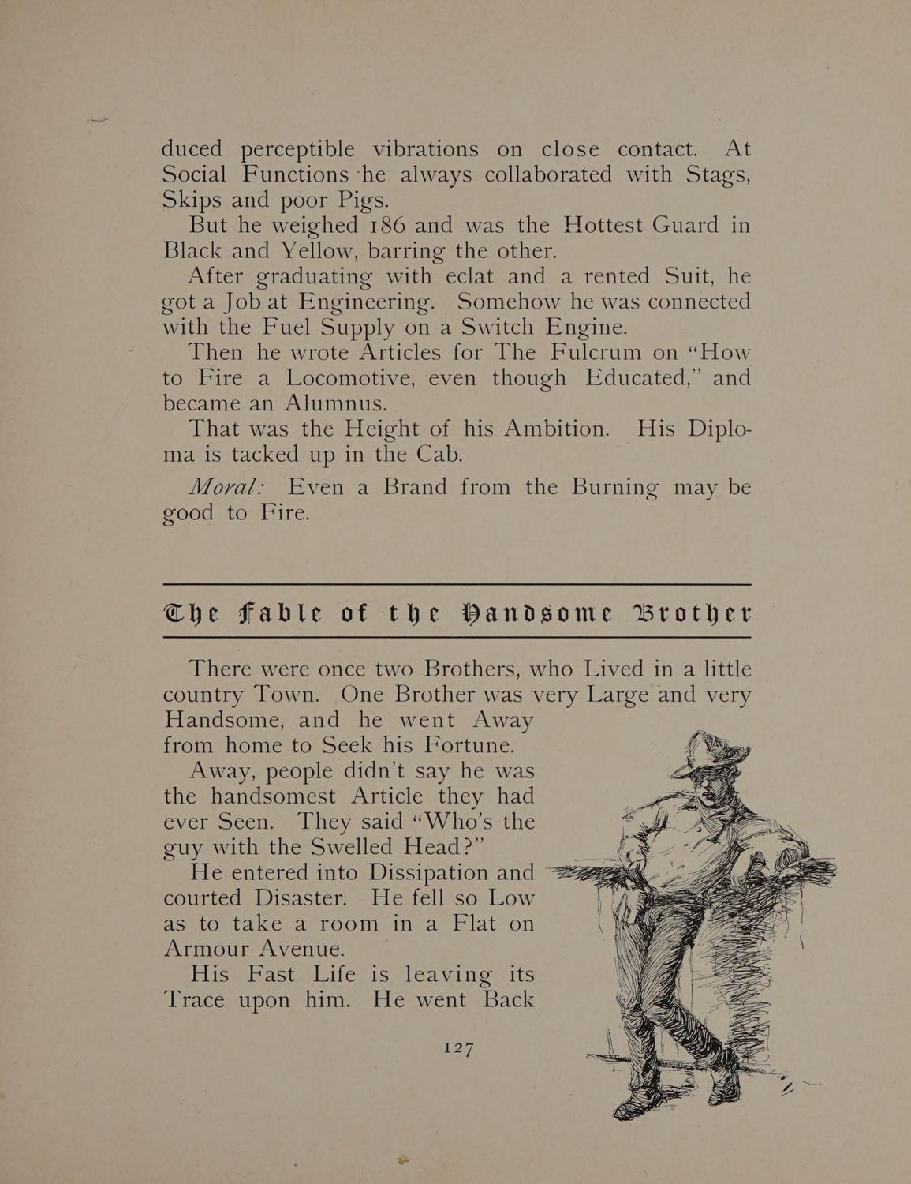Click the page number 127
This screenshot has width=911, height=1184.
[457, 1048]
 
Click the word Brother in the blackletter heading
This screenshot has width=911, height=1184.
[684, 613]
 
